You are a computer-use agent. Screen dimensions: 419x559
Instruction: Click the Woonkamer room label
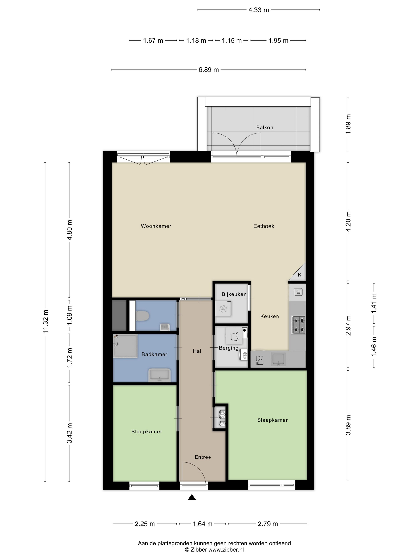coord(156,226)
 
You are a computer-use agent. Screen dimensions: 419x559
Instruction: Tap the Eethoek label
coord(264,226)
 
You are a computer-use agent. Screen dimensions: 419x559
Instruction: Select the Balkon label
coord(265,128)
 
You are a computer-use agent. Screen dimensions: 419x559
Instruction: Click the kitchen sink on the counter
coord(278,359)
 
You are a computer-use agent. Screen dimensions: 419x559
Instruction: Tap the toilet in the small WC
coord(142,316)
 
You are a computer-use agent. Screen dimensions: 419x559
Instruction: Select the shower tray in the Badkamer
coord(125,346)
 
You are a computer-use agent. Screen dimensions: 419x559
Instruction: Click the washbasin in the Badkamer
coord(160,375)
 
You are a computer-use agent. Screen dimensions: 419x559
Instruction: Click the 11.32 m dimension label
coord(46,321)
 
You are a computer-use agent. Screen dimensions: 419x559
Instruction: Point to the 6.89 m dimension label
coord(209,70)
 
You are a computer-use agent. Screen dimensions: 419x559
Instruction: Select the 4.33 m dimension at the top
coord(259,10)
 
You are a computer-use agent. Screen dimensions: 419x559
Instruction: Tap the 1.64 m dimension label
coord(203,524)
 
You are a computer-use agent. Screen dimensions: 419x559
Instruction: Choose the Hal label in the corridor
coord(197,351)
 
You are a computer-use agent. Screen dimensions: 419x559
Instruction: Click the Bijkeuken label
coord(234,294)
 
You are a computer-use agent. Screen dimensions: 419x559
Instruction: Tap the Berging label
coord(229,348)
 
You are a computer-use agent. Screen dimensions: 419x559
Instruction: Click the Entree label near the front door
coord(203,457)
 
